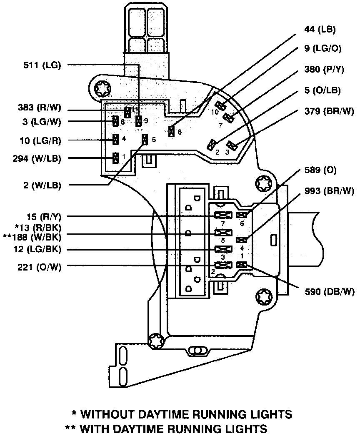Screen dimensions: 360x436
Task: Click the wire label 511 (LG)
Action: pyautogui.click(x=42, y=65)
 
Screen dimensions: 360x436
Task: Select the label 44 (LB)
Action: pyautogui.click(x=320, y=29)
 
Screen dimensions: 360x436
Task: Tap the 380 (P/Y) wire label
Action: pyautogui.click(x=324, y=69)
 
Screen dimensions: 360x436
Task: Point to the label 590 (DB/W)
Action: pyautogui.click(x=330, y=291)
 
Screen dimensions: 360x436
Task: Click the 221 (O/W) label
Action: pyautogui.click(x=40, y=267)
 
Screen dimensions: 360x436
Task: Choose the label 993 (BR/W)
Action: pyautogui.click(x=329, y=191)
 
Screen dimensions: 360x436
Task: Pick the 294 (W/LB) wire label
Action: pyautogui.click(x=37, y=158)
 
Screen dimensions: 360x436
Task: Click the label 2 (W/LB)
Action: pyautogui.click(x=42, y=185)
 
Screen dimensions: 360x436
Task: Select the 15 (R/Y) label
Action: pyautogui.click(x=44, y=216)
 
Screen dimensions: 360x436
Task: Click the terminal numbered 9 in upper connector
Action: pyautogui.click(x=138, y=121)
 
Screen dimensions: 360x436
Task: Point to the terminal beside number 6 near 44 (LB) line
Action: pyautogui.click(x=172, y=131)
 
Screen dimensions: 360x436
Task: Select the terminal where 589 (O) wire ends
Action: pyautogui.click(x=241, y=215)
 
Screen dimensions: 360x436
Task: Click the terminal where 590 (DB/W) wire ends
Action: pyautogui.click(x=241, y=265)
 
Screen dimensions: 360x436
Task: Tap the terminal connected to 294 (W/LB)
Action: pyautogui.click(x=115, y=158)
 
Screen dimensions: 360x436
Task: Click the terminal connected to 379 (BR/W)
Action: pyautogui.click(x=231, y=145)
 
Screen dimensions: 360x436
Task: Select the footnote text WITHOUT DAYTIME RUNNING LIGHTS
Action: pyautogui.click(x=186, y=414)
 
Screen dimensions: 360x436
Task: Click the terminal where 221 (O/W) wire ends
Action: pyautogui.click(x=223, y=265)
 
